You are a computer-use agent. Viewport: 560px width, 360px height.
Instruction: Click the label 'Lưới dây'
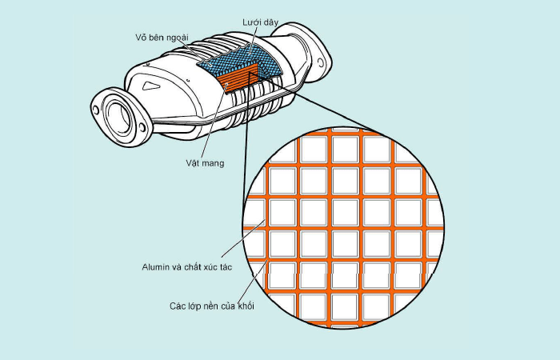[260, 22]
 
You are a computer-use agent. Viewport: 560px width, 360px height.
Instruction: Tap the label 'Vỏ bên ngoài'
[162, 38]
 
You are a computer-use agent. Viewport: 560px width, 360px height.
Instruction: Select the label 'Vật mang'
[205, 163]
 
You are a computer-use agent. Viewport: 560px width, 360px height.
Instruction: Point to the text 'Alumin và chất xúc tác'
[186, 267]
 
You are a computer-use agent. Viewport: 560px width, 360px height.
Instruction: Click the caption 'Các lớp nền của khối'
[212, 306]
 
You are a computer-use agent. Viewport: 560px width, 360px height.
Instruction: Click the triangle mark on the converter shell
[150, 86]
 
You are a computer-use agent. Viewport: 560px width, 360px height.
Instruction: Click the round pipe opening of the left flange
[118, 117]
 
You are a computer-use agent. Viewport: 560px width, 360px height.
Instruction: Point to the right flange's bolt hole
[321, 63]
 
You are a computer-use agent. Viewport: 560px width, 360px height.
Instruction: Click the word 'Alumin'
[155, 267]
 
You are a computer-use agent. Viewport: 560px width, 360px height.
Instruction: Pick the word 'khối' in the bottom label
[246, 306]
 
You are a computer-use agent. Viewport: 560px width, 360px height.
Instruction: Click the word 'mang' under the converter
[214, 164]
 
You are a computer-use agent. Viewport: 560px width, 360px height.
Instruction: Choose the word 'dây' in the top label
[270, 22]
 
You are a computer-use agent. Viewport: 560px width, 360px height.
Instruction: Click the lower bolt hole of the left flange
[142, 127]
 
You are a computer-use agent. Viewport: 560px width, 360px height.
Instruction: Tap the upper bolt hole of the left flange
[96, 110]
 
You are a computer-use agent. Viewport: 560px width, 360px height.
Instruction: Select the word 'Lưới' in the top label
[251, 22]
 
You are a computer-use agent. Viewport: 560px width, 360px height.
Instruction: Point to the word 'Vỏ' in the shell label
[140, 38]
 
